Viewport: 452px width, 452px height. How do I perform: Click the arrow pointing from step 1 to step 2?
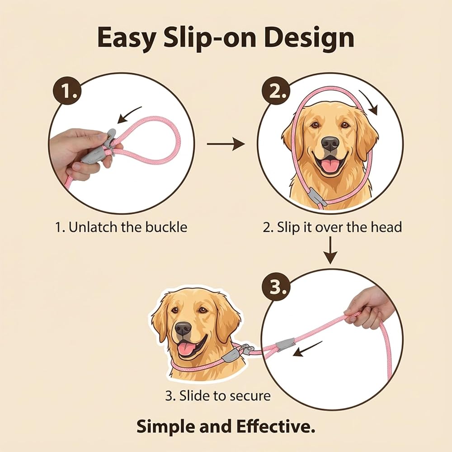click(226, 143)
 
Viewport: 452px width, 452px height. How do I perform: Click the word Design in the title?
click(309, 38)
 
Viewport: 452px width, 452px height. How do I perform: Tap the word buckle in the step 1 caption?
click(166, 227)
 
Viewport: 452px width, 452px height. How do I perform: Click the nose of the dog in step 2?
click(330, 143)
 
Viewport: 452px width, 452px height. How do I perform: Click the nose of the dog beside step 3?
click(183, 329)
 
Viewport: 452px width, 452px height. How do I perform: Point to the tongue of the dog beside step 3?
click(185, 349)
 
